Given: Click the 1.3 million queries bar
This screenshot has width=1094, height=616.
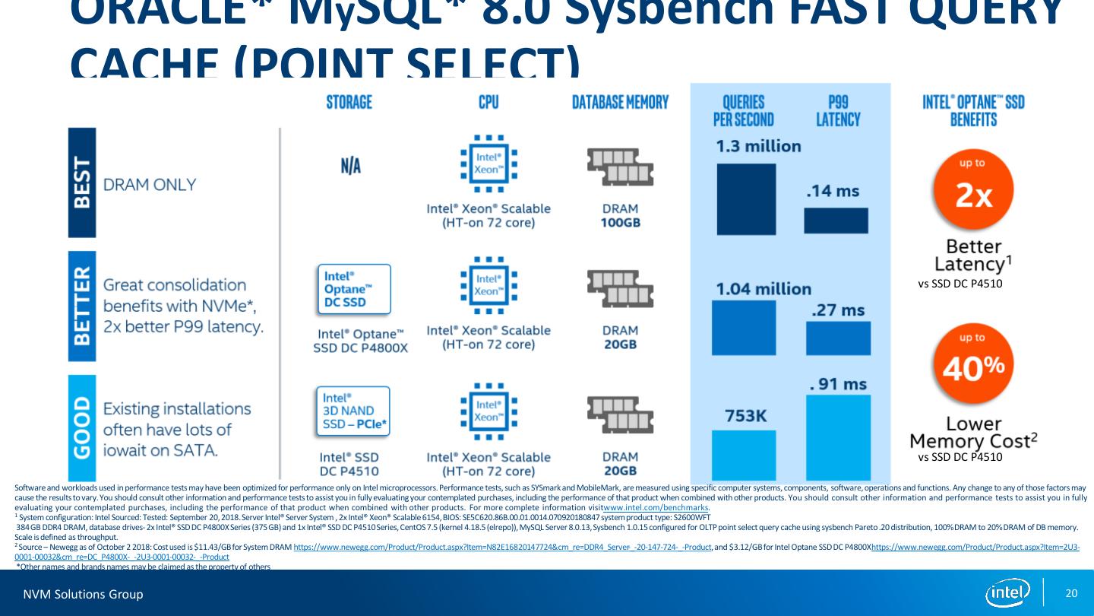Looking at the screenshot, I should (x=746, y=198).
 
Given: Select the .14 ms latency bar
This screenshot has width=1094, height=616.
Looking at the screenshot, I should (x=836, y=221).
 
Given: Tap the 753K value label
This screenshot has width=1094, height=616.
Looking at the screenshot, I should (x=745, y=416).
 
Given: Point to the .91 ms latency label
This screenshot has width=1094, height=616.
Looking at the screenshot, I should (x=837, y=384).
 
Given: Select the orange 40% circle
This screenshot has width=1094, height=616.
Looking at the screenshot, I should (x=974, y=363).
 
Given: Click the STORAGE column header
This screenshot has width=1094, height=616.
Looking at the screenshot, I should (x=349, y=102).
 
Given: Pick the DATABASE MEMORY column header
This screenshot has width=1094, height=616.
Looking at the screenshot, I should (x=620, y=102).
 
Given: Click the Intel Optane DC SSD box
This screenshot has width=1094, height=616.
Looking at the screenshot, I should (x=353, y=289).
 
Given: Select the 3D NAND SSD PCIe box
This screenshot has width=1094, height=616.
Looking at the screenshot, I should (x=353, y=411).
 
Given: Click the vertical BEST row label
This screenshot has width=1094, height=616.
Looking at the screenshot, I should (x=82, y=183).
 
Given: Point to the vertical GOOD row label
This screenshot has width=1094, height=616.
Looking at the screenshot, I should (x=82, y=427).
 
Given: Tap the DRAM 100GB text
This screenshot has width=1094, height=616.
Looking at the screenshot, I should (x=620, y=215).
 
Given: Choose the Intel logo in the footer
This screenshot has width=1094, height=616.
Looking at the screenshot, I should (x=1007, y=592).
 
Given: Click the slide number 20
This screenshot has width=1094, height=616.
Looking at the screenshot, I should (x=1072, y=593).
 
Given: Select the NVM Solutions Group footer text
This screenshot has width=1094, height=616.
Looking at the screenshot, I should (x=83, y=594).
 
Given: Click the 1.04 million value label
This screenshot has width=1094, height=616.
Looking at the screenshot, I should (x=764, y=289).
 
